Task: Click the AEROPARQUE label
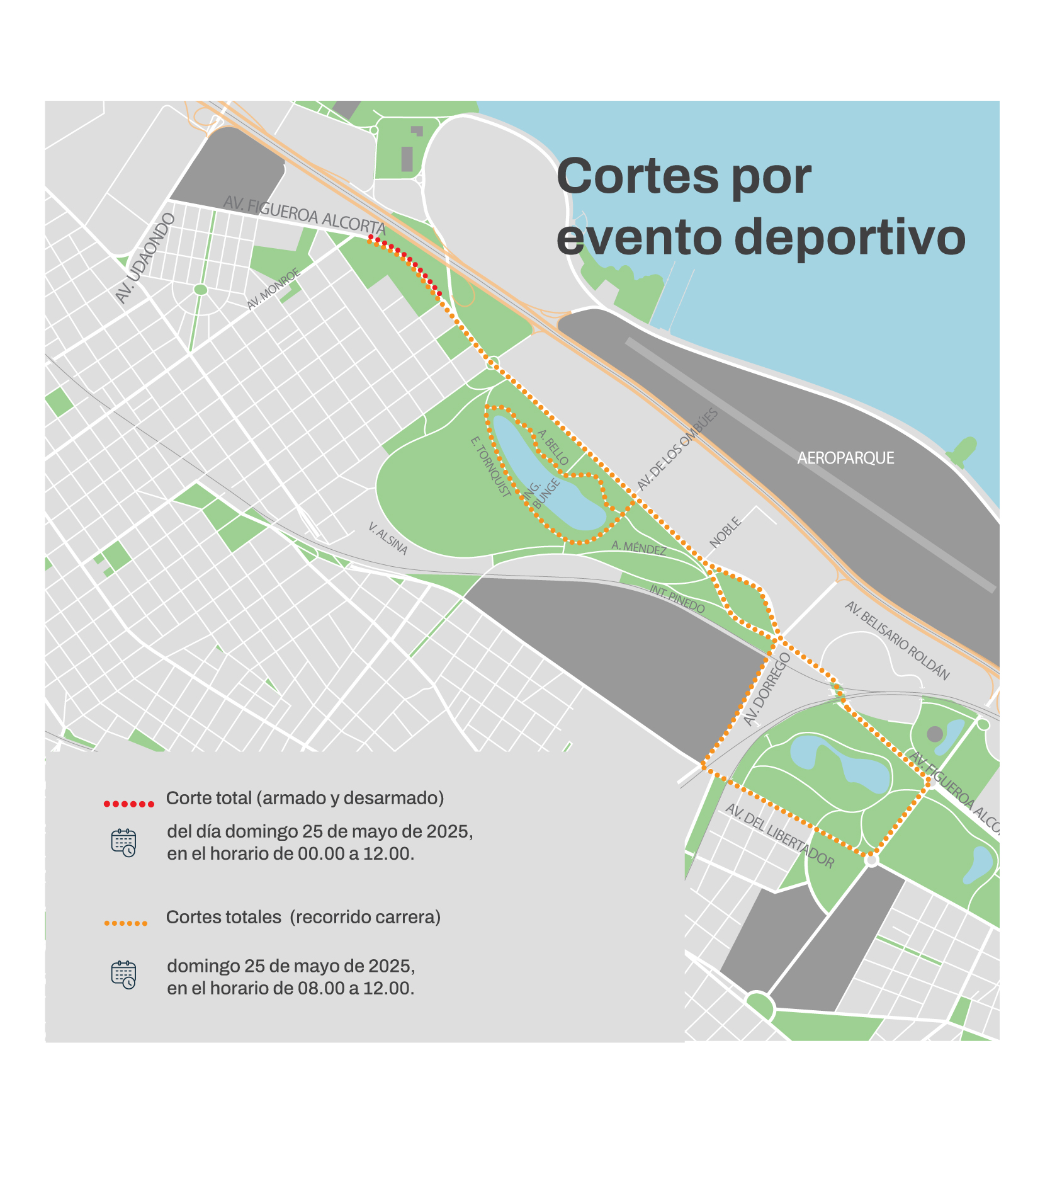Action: click(845, 458)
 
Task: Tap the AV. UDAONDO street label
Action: click(145, 258)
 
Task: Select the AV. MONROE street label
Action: click(273, 288)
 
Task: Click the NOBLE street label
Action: click(725, 532)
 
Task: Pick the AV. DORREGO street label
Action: click(766, 689)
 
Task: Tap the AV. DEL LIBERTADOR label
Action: click(779, 836)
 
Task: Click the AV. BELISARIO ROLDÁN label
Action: click(896, 640)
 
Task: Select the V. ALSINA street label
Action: click(388, 538)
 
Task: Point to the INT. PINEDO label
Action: click(677, 598)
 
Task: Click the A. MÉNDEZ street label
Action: click(638, 548)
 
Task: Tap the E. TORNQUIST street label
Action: click(491, 467)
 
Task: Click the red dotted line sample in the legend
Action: click(128, 804)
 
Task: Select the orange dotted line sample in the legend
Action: click(125, 923)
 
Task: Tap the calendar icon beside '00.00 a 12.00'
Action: click(123, 843)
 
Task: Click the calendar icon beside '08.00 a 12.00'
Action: click(123, 975)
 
